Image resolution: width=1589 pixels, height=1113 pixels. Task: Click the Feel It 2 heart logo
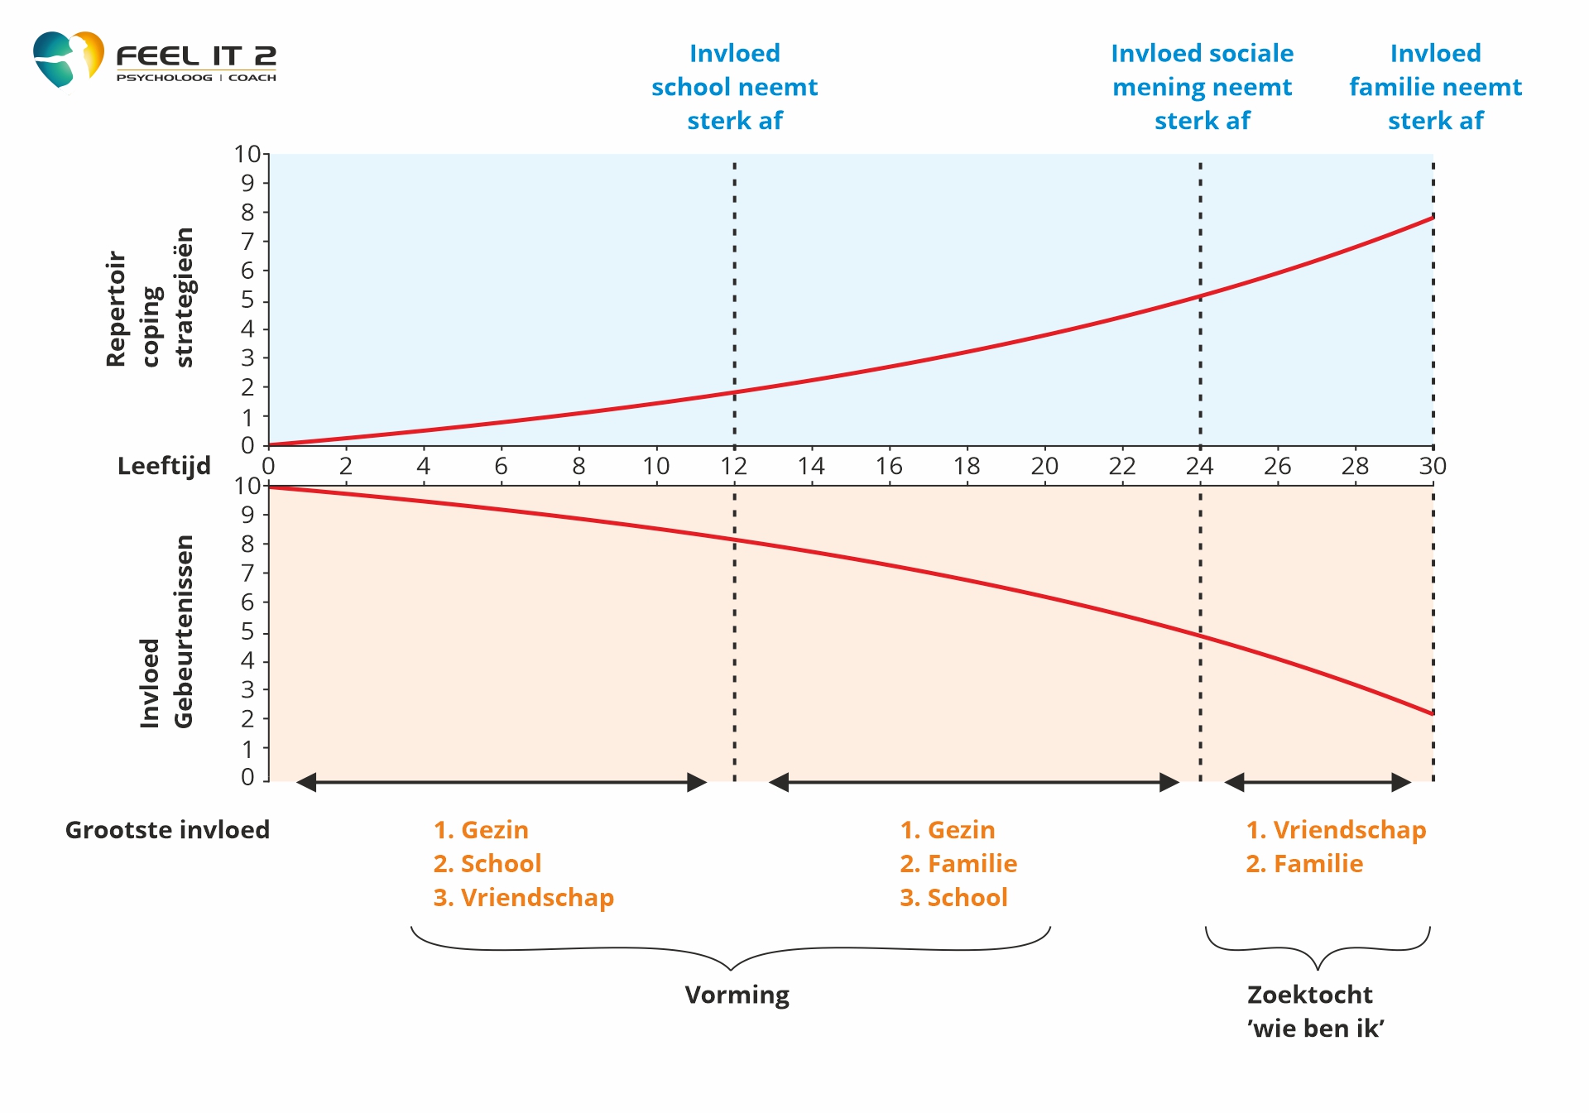(68, 58)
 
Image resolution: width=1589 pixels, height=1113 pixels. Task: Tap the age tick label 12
(734, 467)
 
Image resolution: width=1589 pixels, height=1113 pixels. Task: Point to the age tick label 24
(1200, 467)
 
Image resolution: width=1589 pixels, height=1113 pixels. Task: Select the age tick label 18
(967, 467)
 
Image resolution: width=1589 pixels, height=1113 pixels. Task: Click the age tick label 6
(501, 467)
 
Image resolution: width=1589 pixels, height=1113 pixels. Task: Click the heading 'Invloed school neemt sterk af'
(735, 87)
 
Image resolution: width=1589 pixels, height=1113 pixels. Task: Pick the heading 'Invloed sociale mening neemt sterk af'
(1202, 87)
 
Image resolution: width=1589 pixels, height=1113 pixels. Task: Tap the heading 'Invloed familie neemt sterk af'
(1435, 87)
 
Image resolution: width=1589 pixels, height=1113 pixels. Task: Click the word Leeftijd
(164, 467)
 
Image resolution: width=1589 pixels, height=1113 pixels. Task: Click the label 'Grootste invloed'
(167, 830)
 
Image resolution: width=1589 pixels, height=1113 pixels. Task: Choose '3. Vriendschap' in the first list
(523, 898)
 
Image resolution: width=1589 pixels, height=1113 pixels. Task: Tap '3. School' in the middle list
(953, 898)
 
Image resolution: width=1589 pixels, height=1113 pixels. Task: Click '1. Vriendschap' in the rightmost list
(1336, 830)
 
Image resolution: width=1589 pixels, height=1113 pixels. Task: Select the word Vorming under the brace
(737, 995)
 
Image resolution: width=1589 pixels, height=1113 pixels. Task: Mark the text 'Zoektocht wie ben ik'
(1315, 1011)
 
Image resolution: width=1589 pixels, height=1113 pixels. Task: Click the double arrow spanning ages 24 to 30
(1318, 782)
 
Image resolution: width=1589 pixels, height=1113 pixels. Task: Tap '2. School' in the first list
(487, 864)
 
